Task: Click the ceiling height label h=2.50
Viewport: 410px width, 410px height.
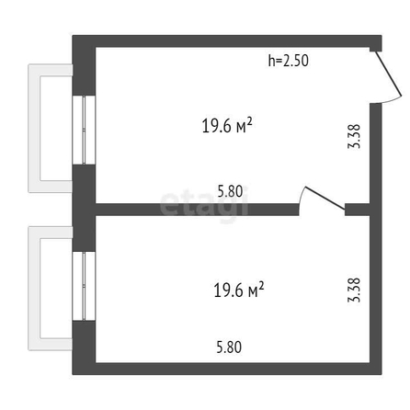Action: pos(289,61)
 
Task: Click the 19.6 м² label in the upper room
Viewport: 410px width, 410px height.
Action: pos(227,125)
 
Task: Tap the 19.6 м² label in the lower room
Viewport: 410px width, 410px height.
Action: pos(239,290)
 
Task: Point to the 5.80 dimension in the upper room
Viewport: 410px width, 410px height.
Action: pos(230,191)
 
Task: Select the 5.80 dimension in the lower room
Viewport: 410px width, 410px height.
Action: pos(229,347)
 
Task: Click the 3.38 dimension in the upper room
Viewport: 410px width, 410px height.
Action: pos(354,136)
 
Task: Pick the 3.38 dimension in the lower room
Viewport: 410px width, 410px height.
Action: pos(354,290)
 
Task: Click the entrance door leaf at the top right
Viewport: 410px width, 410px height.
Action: pos(388,74)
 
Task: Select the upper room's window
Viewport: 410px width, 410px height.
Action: pos(84,130)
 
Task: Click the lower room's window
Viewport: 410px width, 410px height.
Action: pos(84,286)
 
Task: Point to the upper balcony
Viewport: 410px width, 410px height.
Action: pos(34,128)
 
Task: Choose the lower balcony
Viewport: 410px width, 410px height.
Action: pos(34,288)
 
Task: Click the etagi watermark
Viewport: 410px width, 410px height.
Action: pos(204,205)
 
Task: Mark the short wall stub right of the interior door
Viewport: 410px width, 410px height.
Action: pos(358,210)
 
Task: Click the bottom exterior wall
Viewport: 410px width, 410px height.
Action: pos(227,369)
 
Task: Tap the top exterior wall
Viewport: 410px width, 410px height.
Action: pos(227,41)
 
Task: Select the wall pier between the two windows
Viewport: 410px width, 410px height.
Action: pos(84,209)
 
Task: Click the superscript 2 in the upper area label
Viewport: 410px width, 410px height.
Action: pos(249,121)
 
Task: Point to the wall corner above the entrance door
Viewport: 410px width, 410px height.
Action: pos(376,43)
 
